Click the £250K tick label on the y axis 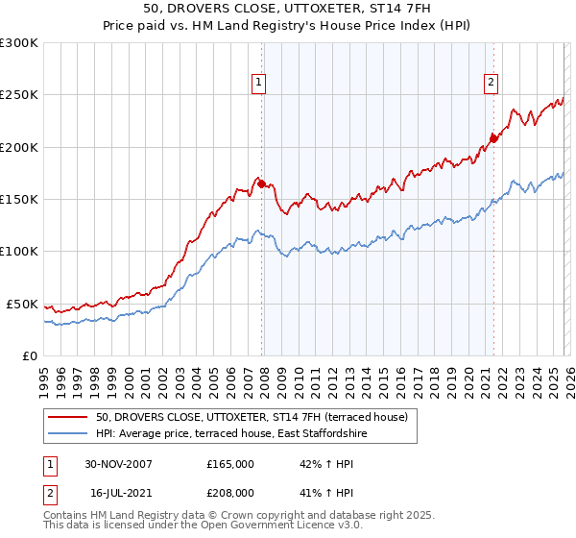(x=19, y=95)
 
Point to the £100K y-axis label (x=19, y=251)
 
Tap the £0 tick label (x=30, y=355)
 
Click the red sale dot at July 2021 (x=492, y=138)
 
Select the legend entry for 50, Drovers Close (x=252, y=417)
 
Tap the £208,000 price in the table (x=230, y=492)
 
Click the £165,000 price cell (x=230, y=463)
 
